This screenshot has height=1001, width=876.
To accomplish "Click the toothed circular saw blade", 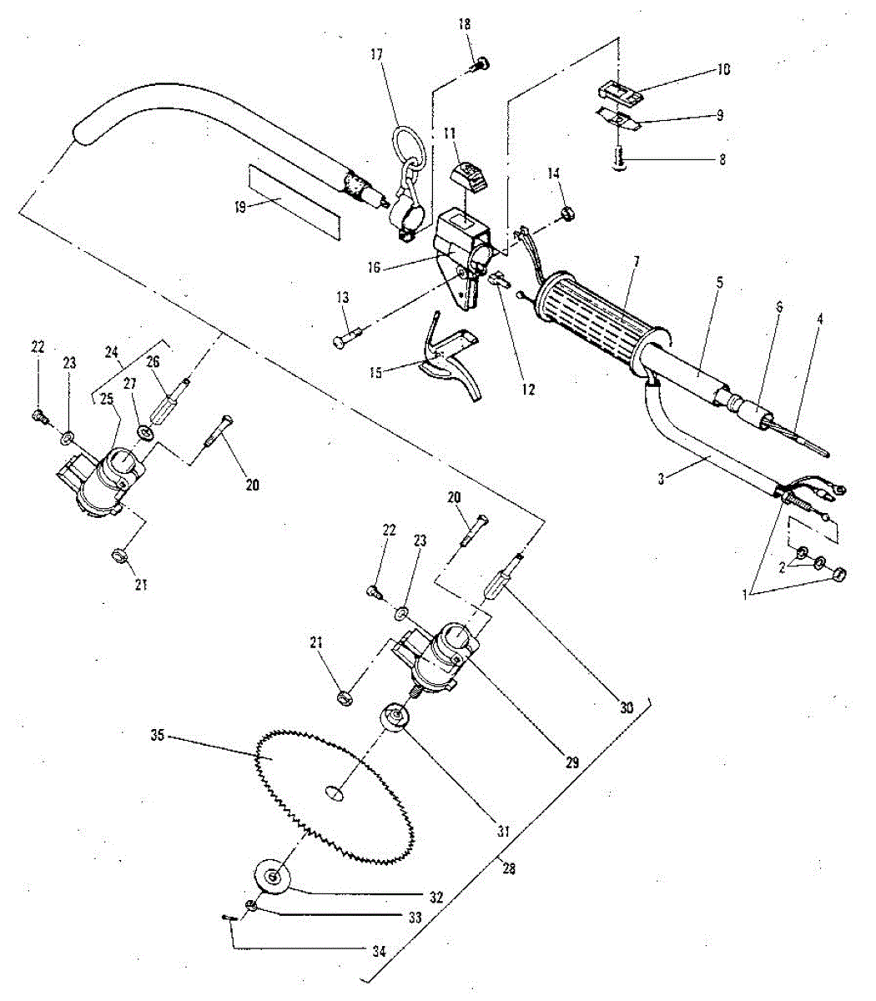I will click(x=300, y=776).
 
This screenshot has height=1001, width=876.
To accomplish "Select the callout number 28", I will click(x=509, y=868).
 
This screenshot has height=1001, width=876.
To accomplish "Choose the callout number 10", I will click(x=722, y=69).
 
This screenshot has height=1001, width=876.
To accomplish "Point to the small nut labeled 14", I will click(x=566, y=214).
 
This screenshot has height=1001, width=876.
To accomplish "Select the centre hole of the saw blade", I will click(x=335, y=793).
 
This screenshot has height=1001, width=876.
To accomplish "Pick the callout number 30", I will click(x=627, y=707).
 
